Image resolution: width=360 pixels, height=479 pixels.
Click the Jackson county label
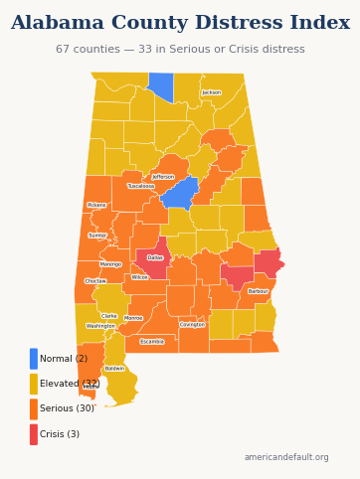tap(212, 92)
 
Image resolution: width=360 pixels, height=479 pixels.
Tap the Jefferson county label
tap(163, 177)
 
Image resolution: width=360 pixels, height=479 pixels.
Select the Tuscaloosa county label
tap(141, 186)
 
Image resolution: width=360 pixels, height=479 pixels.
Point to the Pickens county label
tap(96, 205)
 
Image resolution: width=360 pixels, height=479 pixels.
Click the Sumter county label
tap(97, 236)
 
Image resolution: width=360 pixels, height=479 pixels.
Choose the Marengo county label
tap(110, 264)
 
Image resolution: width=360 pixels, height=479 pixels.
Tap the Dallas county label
tap(155, 258)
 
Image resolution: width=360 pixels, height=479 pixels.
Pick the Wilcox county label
tap(139, 277)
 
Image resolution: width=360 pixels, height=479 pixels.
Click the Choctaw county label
tap(95, 281)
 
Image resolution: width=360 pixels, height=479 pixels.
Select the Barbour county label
tap(258, 291)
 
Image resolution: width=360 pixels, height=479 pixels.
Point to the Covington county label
tap(192, 324)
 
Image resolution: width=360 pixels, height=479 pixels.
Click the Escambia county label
tap(152, 341)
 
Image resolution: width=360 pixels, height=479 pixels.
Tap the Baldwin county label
tap(114, 368)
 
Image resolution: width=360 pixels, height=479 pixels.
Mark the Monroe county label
tap(133, 318)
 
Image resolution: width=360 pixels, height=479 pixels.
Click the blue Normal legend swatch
tap(34, 359)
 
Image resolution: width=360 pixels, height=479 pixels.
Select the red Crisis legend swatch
tap(34, 434)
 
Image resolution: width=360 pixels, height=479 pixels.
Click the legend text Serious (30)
tap(67, 408)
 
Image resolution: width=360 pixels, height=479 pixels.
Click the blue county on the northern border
tap(160, 86)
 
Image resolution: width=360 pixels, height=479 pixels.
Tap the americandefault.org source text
tap(286, 457)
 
